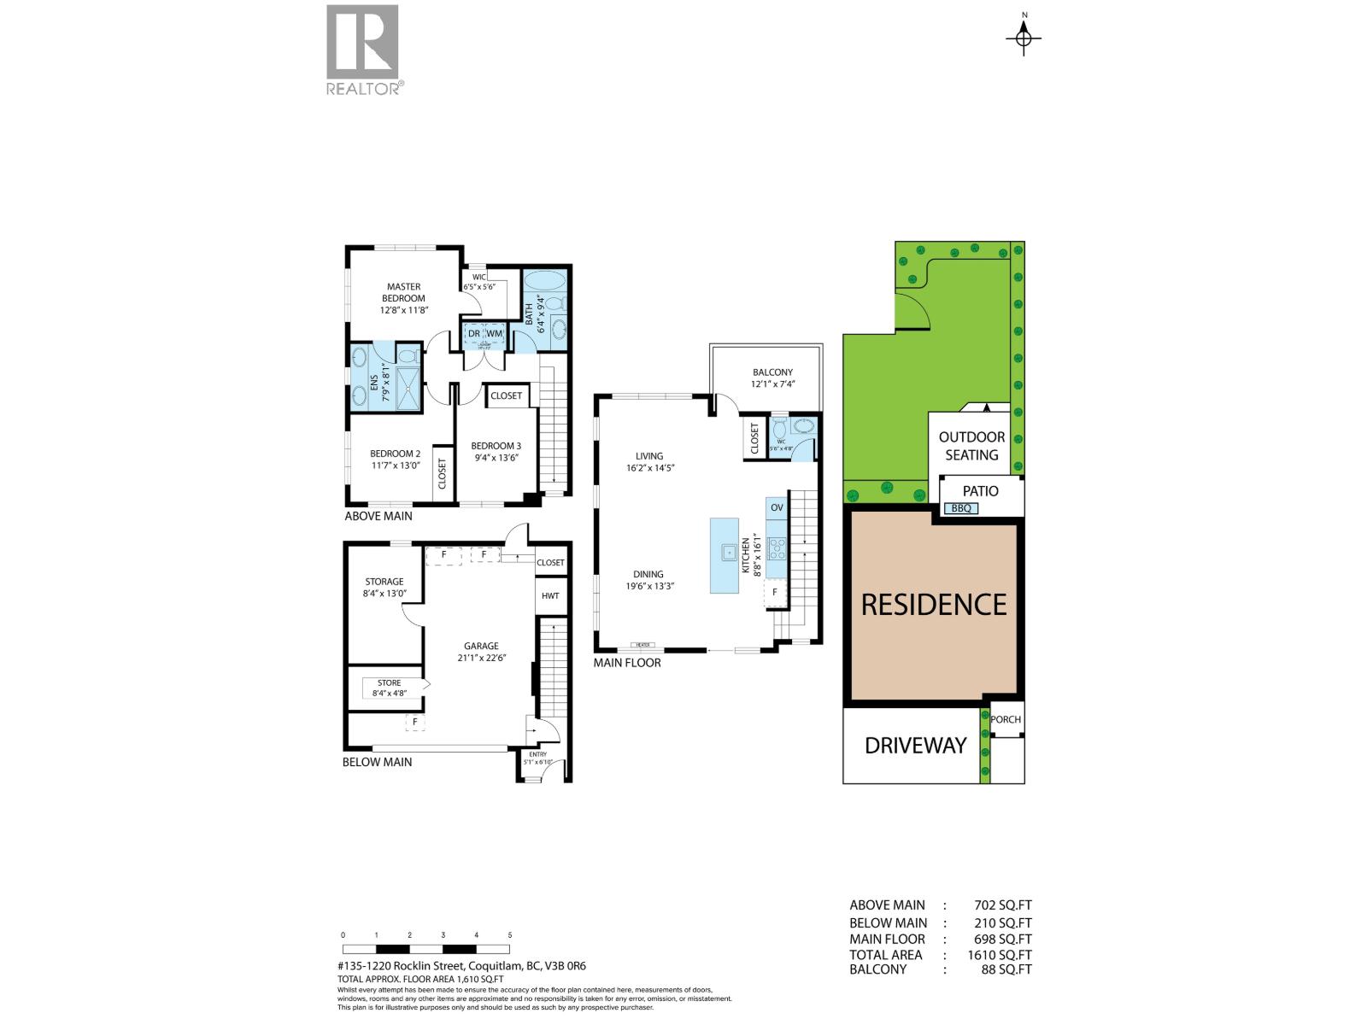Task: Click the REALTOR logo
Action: [x=362, y=50]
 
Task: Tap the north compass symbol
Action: [x=1024, y=37]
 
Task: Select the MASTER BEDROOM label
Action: [x=403, y=293]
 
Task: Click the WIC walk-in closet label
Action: [x=479, y=277]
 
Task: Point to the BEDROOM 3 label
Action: [x=496, y=446]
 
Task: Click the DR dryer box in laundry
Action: [x=474, y=333]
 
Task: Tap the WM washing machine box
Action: [x=495, y=333]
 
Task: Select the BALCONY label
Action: [x=772, y=372]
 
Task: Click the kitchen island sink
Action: [x=729, y=552]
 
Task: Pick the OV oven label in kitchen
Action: [x=777, y=507]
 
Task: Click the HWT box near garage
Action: [x=550, y=595]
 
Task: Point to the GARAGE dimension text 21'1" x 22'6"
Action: [x=481, y=658]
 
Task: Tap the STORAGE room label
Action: [x=384, y=582]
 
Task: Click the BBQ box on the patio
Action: [x=960, y=508]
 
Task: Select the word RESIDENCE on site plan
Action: [x=933, y=605]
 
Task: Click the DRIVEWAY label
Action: [x=915, y=746]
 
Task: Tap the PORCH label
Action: [x=1006, y=719]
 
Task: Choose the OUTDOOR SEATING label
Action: [x=971, y=446]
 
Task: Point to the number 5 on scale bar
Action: [x=509, y=935]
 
